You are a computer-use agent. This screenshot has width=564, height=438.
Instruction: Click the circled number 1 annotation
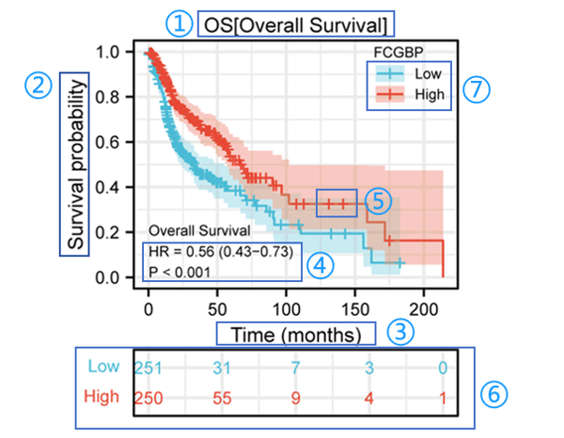tap(179, 23)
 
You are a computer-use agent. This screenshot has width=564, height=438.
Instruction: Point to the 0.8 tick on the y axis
tap(112, 97)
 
